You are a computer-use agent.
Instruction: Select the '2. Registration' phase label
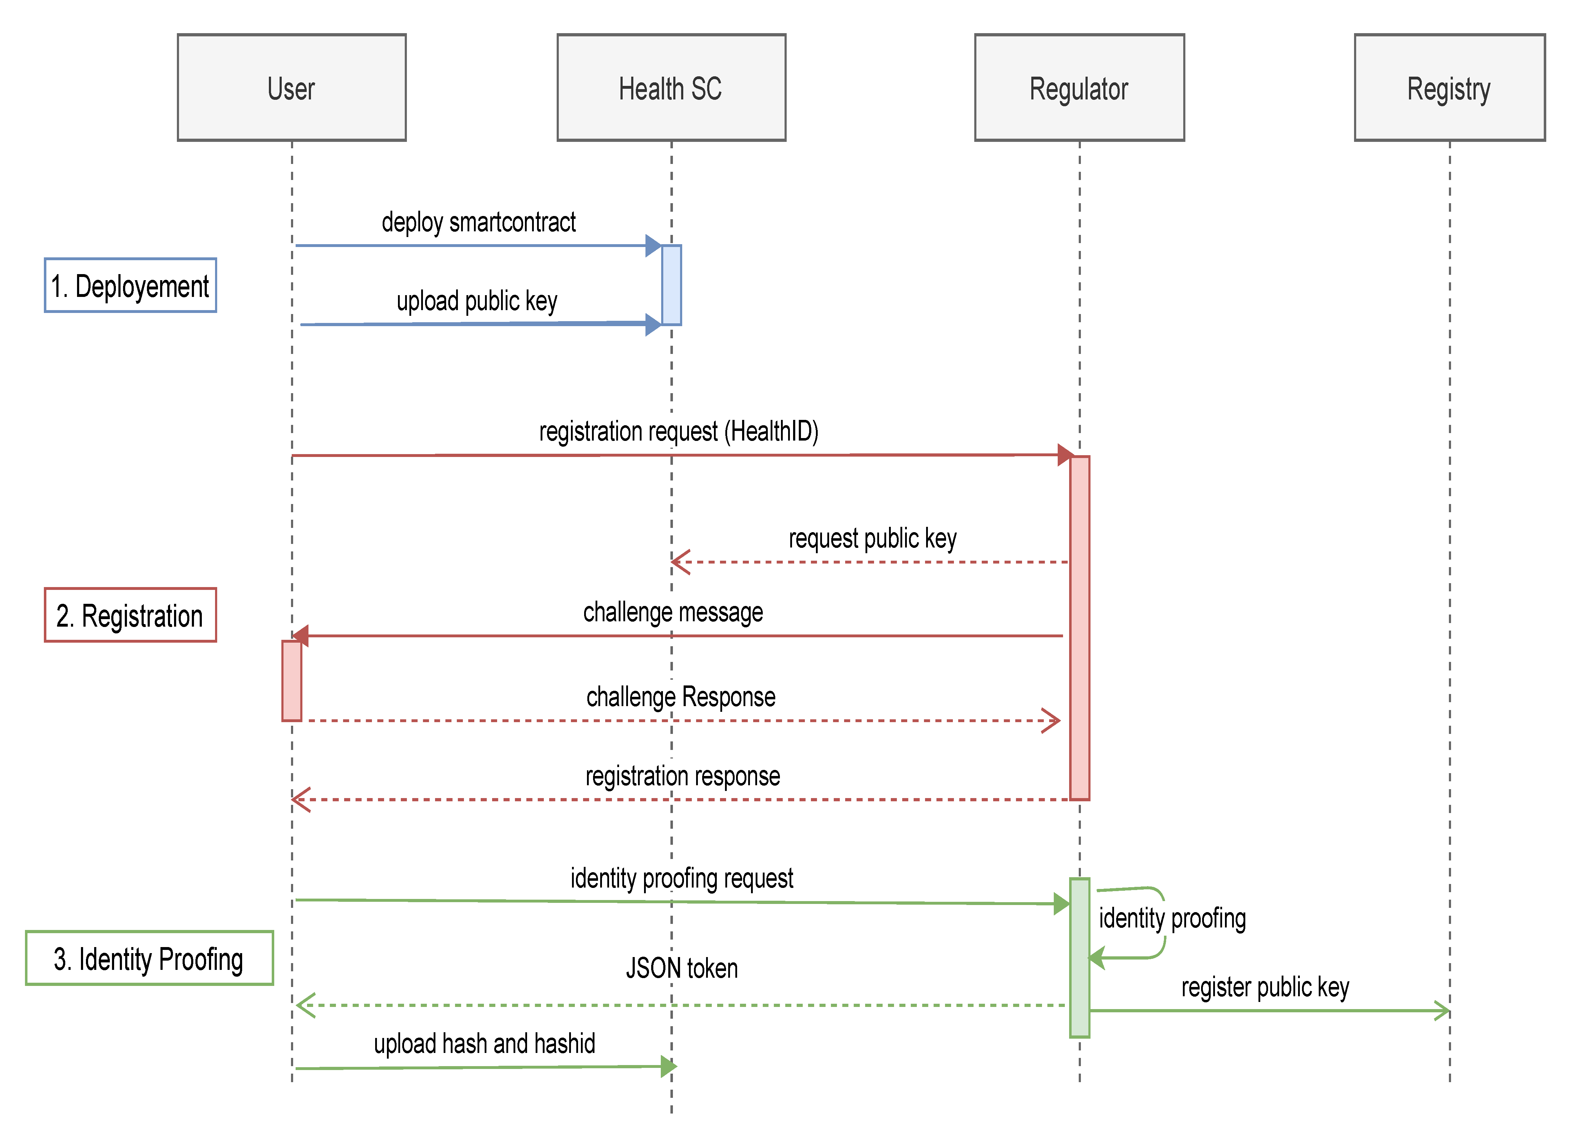tap(131, 615)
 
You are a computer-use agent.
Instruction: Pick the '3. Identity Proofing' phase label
tap(149, 958)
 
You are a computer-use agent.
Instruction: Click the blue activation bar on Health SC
tap(671, 285)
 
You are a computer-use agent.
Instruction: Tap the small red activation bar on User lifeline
tap(291, 681)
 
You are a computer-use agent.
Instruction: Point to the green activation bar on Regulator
tap(1079, 957)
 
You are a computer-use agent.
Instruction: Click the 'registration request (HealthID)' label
tap(678, 431)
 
